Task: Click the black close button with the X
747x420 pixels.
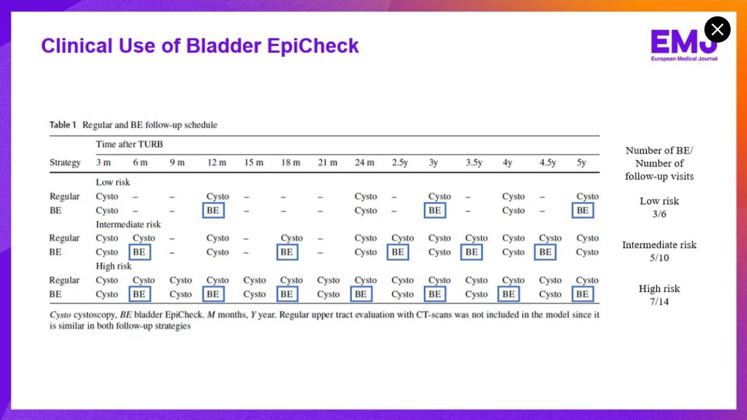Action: [717, 29]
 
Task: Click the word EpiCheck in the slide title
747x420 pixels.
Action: [313, 45]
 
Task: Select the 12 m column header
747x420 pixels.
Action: [217, 162]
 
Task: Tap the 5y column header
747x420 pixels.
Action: [581, 163]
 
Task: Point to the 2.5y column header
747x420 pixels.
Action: [400, 163]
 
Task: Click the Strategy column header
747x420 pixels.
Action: [65, 163]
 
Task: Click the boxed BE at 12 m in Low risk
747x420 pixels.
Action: [214, 211]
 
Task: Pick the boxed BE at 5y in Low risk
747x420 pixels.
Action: [582, 211]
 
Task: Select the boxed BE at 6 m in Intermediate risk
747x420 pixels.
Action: [139, 252]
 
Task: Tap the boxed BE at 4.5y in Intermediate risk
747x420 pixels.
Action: [545, 252]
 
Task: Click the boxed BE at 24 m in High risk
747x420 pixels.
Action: [361, 294]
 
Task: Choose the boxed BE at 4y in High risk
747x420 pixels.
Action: [508, 294]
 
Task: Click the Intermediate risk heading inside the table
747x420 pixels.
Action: [128, 225]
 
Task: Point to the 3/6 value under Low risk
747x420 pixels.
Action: [659, 214]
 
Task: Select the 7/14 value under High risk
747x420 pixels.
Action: [659, 302]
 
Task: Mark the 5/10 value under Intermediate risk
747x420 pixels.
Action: [659, 258]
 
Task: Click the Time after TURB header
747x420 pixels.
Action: [130, 144]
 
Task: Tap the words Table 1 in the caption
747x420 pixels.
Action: [63, 125]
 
